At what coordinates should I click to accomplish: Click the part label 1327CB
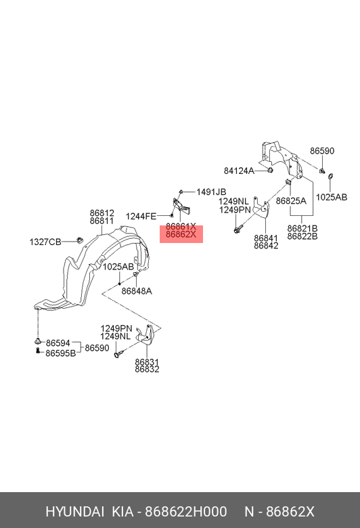coord(45,242)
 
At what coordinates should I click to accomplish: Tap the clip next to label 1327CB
coord(80,240)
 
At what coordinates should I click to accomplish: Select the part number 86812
coord(102,213)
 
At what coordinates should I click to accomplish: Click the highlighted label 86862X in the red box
coord(181,234)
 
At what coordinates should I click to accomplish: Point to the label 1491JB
coord(211,192)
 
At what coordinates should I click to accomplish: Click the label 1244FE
coord(141,216)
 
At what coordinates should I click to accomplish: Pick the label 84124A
coord(239,171)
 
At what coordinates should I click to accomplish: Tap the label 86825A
coord(291,201)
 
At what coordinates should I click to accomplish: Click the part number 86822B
coord(302,236)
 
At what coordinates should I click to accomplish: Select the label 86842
coord(266,246)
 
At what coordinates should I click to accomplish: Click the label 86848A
coord(137,291)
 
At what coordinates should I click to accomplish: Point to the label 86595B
coord(61,353)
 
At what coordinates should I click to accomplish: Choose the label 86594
coord(58,343)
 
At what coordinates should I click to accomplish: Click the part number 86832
coord(147,370)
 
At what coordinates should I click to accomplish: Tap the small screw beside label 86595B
coord(38,351)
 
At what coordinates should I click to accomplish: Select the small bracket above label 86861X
coord(181,205)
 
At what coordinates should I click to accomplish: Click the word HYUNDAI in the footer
coord(74,512)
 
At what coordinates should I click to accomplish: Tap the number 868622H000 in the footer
coord(186,512)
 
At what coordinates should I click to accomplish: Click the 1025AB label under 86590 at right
coord(332,198)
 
